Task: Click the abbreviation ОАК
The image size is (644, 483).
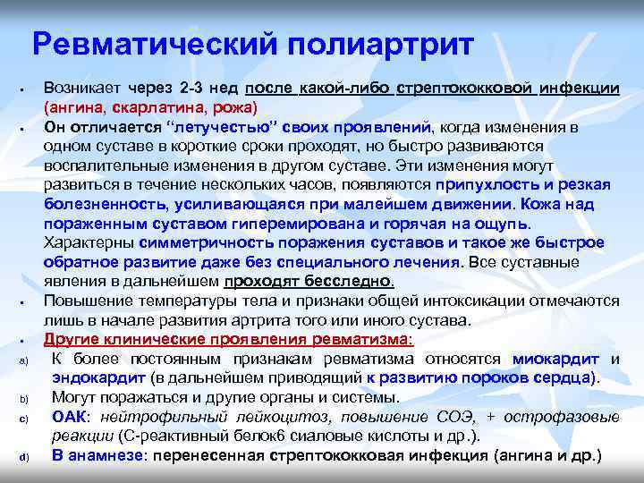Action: coord(71,417)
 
